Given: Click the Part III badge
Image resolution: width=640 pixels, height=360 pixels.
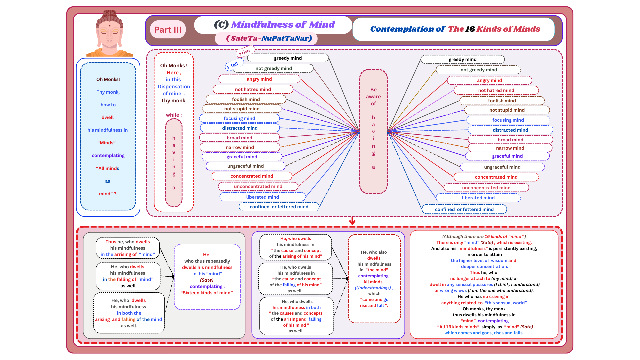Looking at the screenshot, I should [x=168, y=30].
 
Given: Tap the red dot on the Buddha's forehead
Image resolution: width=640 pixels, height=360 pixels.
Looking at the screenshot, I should [x=109, y=25].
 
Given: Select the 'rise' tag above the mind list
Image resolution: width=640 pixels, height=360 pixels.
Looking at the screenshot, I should [x=245, y=52].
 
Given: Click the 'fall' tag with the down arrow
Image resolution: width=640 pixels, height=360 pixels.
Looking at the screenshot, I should [x=233, y=65].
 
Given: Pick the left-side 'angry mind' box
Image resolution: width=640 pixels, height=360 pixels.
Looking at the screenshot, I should [x=259, y=79].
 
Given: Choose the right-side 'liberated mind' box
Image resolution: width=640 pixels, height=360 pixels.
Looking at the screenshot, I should [x=478, y=198].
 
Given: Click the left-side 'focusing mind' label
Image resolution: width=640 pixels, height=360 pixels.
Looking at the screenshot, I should [x=239, y=118].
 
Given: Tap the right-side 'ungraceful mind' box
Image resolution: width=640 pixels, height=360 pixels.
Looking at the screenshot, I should [x=502, y=167].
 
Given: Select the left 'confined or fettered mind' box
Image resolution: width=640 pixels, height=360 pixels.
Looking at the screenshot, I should [x=279, y=207].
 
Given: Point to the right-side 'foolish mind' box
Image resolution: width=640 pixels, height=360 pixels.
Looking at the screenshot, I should [x=502, y=101].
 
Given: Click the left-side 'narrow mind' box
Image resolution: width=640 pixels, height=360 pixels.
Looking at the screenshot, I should [x=240, y=147].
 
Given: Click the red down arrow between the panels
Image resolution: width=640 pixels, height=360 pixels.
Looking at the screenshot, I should [x=352, y=221].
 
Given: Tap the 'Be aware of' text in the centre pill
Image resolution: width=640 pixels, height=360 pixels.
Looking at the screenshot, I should [x=373, y=96].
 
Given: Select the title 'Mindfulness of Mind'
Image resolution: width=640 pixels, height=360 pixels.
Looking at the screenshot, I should [x=283, y=24].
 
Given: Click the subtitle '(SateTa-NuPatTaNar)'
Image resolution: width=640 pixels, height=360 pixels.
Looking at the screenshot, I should [x=269, y=38].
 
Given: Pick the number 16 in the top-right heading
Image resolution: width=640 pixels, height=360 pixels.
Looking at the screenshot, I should [x=470, y=29].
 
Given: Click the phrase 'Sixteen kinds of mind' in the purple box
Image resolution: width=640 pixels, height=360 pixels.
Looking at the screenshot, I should [x=207, y=293].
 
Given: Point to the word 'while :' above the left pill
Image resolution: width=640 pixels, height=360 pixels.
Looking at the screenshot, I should [x=174, y=115].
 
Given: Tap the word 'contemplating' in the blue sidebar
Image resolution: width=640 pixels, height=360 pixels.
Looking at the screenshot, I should [x=108, y=155].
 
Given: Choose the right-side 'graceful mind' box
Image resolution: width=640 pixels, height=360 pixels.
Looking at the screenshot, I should [x=507, y=156].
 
